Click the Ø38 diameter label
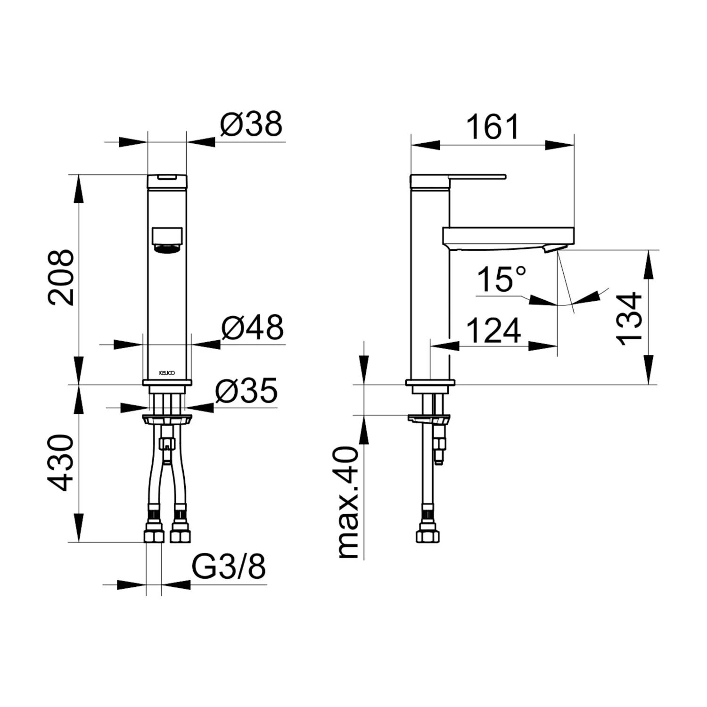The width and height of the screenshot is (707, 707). click(251, 124)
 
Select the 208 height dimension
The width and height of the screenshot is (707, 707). click(62, 278)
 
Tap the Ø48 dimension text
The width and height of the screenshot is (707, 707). click(253, 327)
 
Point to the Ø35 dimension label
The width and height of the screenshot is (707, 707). click(247, 390)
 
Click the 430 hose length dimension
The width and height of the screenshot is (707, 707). click(62, 463)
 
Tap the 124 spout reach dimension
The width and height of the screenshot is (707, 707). click(494, 330)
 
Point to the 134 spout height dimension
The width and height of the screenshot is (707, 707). click(630, 319)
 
